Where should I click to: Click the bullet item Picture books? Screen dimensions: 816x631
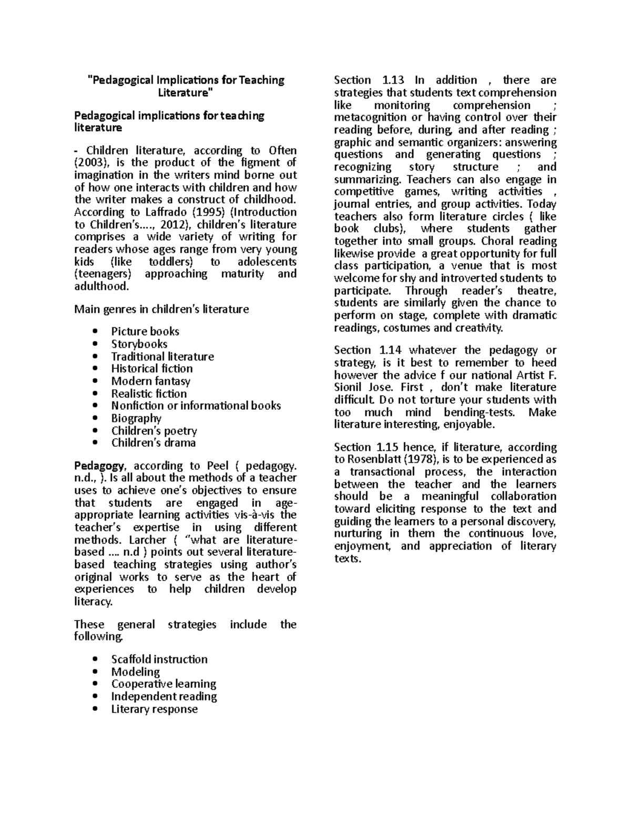coord(145,332)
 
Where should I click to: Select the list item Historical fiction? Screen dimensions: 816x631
coord(152,369)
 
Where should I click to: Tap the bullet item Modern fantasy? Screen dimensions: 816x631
coord(151,381)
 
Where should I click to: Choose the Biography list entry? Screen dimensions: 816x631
coord(136,418)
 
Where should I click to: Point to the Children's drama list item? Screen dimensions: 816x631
coord(154,443)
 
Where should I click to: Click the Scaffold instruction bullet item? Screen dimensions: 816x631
coord(159,659)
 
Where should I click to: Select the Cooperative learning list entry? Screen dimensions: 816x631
coord(164,684)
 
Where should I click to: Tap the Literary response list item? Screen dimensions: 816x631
coord(155,709)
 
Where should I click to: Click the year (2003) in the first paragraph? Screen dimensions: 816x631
coord(91,163)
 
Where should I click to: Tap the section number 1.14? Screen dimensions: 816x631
coord(390,350)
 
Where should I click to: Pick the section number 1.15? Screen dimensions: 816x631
coord(390,448)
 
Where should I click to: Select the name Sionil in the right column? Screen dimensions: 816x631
coord(350,388)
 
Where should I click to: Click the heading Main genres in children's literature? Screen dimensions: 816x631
coord(161,309)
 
